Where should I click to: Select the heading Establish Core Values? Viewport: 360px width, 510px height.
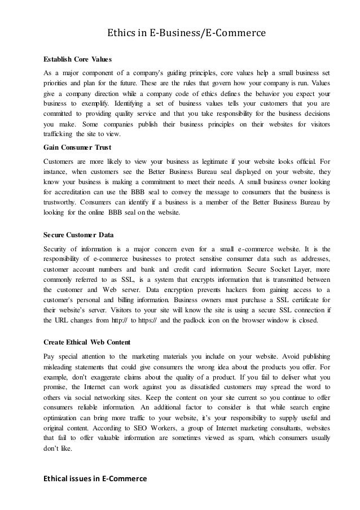click(78, 59)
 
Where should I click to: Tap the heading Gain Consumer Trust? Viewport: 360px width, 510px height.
click(78, 147)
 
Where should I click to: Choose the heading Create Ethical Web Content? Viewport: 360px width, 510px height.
click(87, 342)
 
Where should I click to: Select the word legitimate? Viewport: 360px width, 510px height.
click(221, 160)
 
